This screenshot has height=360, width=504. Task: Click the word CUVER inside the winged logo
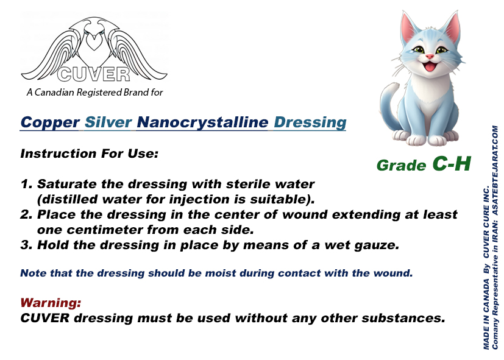(x=93, y=74)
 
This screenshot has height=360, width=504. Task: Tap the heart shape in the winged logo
(x=93, y=42)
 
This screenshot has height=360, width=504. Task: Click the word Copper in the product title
(x=50, y=123)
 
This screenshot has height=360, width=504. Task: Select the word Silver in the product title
(x=108, y=122)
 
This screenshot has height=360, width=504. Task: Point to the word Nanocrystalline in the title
(x=202, y=123)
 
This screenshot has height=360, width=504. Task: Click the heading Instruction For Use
(x=90, y=154)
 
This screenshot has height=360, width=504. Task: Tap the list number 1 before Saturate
(x=26, y=184)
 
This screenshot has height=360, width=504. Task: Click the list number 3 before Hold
(x=26, y=245)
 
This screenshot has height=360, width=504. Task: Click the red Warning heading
(x=51, y=303)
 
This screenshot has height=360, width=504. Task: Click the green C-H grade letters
(x=452, y=163)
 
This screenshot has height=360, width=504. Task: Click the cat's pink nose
(x=430, y=57)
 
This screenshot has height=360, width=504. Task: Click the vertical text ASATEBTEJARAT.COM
(x=495, y=170)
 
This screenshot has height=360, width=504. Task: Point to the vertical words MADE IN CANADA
(x=486, y=314)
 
